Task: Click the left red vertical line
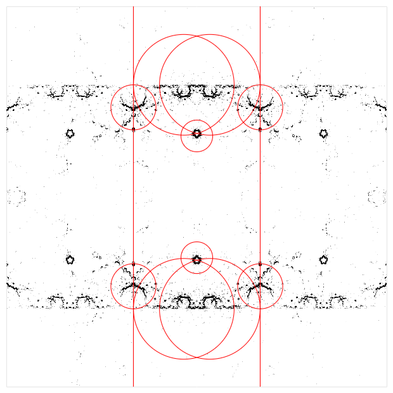pos(133,190)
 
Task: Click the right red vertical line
pos(260,190)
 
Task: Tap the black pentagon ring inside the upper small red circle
pos(196,133)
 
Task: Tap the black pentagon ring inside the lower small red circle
pos(196,259)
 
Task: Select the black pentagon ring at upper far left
pos(70,133)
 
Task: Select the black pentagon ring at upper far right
pos(323,133)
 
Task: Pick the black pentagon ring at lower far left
pos(70,259)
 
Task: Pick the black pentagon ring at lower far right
pos(323,259)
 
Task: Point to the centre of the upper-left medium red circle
pos(133,107)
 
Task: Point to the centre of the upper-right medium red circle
pos(260,107)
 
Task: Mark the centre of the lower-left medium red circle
pos(133,286)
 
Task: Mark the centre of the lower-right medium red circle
pos(260,286)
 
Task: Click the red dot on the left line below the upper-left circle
pos(133,129)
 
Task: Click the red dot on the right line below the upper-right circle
pos(260,129)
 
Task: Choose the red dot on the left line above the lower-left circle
pos(133,264)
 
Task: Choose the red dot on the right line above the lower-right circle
pos(260,264)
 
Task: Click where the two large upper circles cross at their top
pos(196,36)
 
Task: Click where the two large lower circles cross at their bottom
pos(196,357)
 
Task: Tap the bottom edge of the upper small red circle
pos(196,151)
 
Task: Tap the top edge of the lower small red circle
pos(196,242)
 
